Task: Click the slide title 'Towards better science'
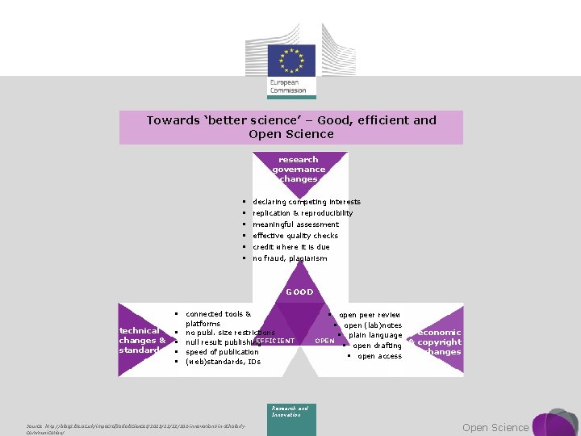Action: pos(291,127)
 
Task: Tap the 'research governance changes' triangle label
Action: pos(299,169)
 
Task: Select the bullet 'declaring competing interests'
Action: pos(307,202)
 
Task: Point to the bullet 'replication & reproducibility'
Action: pos(303,213)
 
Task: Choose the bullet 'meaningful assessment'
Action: pos(295,224)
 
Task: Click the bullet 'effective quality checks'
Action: pos(295,236)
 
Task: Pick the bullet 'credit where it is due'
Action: pos(290,247)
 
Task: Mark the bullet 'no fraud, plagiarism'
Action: pos(290,258)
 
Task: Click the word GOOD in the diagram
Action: pos(299,291)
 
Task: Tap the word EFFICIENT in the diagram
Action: pos(275,341)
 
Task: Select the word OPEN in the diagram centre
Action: pos(324,341)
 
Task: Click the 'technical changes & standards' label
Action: pos(142,341)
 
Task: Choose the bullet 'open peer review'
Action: pos(370,315)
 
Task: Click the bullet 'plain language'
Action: pos(375,335)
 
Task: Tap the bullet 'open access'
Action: pos(379,356)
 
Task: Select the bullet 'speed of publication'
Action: pos(218,352)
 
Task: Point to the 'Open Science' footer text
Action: pos(495,427)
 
